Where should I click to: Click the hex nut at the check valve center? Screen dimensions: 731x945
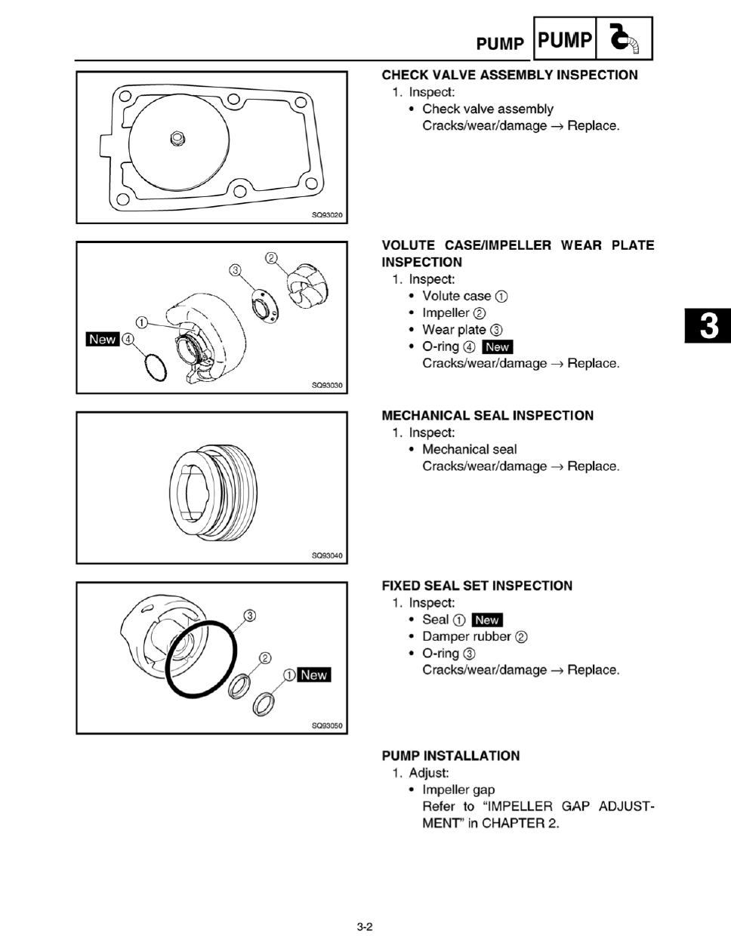pyautogui.click(x=177, y=139)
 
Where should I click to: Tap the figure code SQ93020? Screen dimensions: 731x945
pyautogui.click(x=327, y=215)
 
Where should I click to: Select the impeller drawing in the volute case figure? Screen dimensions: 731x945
pyautogui.click(x=307, y=286)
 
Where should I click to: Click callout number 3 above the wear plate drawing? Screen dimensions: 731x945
pyautogui.click(x=235, y=270)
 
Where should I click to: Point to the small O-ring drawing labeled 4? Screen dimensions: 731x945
pyautogui.click(x=156, y=368)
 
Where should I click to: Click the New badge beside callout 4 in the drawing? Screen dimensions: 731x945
pyautogui.click(x=103, y=339)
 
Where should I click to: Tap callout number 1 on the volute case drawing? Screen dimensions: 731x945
pyautogui.click(x=142, y=322)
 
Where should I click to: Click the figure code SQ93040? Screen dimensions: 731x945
pyautogui.click(x=327, y=556)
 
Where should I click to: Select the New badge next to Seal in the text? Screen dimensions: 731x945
pyautogui.click(x=487, y=620)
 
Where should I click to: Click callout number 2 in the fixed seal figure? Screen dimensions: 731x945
pyautogui.click(x=265, y=658)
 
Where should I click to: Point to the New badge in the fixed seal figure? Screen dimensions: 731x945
pyautogui.click(x=313, y=675)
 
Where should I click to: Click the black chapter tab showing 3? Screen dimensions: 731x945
pyautogui.click(x=708, y=325)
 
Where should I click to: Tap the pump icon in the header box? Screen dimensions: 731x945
pyautogui.click(x=625, y=38)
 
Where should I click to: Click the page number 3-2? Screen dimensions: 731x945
pyautogui.click(x=365, y=927)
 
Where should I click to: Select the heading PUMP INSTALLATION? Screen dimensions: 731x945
pyautogui.click(x=451, y=756)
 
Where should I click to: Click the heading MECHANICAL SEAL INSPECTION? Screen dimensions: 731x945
pyautogui.click(x=488, y=415)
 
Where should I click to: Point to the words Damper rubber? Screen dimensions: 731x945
pyautogui.click(x=467, y=636)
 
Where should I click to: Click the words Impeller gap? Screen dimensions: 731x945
pyautogui.click(x=458, y=790)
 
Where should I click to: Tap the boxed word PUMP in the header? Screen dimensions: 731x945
pyautogui.click(x=565, y=40)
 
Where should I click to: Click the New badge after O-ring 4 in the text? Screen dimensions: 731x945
pyautogui.click(x=498, y=347)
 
